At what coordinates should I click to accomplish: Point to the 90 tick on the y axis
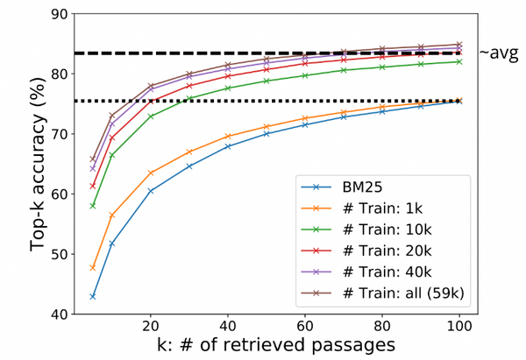pyautogui.click(x=59, y=14)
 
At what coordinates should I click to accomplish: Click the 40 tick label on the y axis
pyautogui.click(x=59, y=314)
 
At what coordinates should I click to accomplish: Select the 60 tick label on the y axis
pyautogui.click(x=59, y=194)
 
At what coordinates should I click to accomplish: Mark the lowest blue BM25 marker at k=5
pyautogui.click(x=92, y=296)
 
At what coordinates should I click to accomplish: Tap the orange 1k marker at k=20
pyautogui.click(x=152, y=173)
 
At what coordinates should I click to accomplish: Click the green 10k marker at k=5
pyautogui.click(x=92, y=206)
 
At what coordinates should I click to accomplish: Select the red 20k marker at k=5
pyautogui.click(x=92, y=186)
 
